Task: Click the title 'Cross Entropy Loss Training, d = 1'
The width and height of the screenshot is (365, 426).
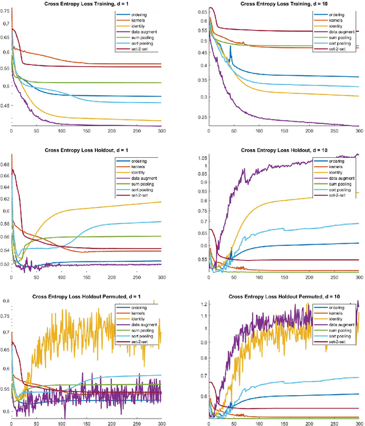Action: pyautogui.click(x=86, y=5)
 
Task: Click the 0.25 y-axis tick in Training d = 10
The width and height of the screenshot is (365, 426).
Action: pyautogui.click(x=202, y=118)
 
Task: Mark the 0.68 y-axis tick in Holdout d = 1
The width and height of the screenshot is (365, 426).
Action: pyautogui.click(x=5, y=165)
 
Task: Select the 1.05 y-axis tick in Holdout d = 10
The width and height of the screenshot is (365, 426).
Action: pyautogui.click(x=201, y=157)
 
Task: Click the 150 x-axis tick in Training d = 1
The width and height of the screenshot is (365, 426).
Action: pyautogui.click(x=86, y=133)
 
